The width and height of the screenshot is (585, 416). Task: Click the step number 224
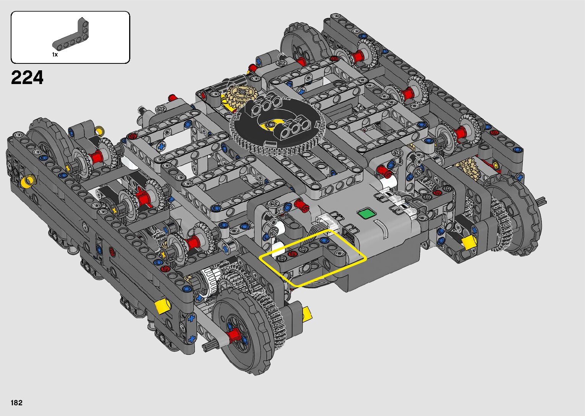(27, 78)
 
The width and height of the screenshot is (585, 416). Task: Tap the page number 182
(16, 403)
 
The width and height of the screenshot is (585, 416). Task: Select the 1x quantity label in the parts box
(55, 55)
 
